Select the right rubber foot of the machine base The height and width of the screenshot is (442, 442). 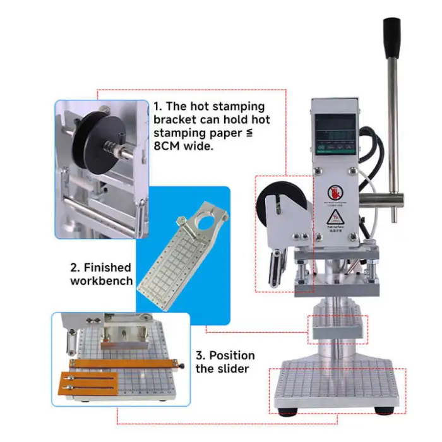click(x=383, y=411)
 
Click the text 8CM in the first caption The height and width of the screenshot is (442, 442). click(x=170, y=146)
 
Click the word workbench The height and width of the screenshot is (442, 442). click(x=102, y=280)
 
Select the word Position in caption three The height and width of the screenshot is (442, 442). click(x=232, y=355)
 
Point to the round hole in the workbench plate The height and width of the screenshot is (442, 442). click(x=204, y=223)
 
